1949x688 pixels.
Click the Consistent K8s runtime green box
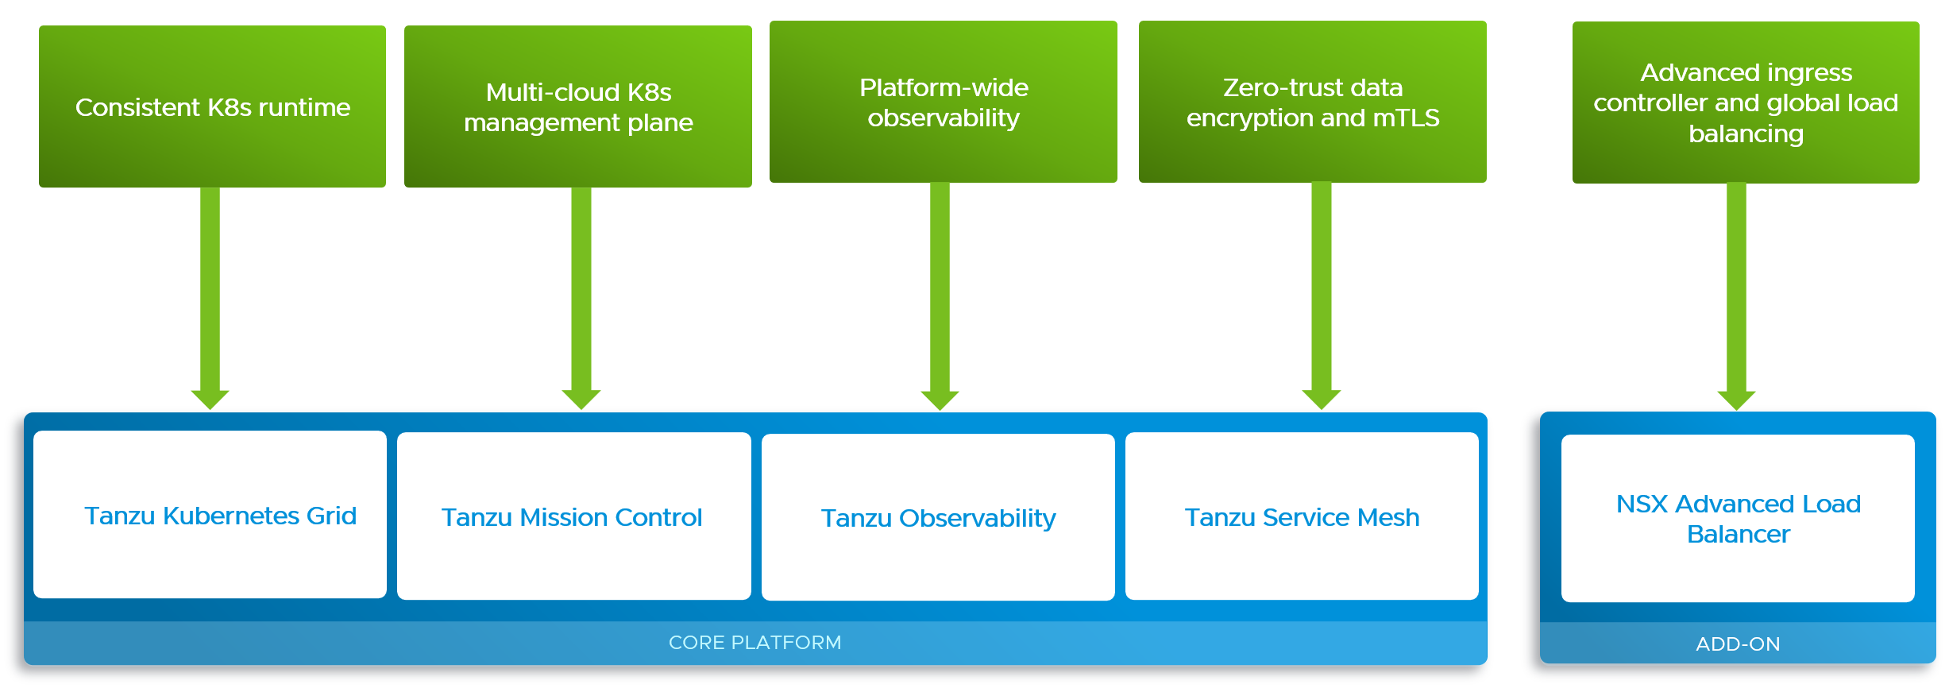(212, 106)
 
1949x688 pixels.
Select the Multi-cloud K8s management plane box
(577, 106)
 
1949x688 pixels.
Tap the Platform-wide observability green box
(943, 102)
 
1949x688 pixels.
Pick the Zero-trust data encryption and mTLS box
(1312, 102)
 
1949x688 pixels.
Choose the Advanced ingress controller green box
(1746, 102)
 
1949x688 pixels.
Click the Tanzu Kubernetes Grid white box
(210, 515)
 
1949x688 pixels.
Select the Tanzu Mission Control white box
(573, 516)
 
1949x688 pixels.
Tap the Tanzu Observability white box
(938, 517)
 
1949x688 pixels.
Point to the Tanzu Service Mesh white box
(1302, 516)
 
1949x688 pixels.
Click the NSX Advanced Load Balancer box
(1738, 518)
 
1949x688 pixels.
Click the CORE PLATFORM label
(755, 642)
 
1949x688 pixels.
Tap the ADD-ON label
(1738, 644)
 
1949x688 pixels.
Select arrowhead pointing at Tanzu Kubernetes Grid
(210, 399)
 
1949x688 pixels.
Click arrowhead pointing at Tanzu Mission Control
(581, 399)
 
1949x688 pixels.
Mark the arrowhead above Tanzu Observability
(940, 400)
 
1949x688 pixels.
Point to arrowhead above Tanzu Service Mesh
(1322, 399)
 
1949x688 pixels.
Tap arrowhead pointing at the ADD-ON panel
(1736, 400)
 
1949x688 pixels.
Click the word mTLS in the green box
(1406, 118)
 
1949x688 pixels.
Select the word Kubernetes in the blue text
(231, 516)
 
